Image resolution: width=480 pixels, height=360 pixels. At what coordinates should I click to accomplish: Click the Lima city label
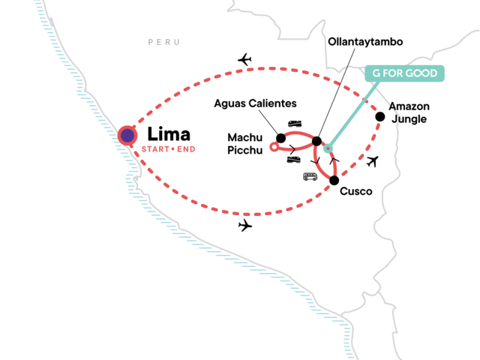click(x=169, y=135)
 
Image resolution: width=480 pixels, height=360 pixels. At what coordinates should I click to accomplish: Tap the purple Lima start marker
click(x=128, y=136)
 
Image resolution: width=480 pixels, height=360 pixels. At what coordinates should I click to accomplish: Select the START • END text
click(x=168, y=151)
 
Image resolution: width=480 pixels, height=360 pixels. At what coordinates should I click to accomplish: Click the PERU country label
click(x=163, y=43)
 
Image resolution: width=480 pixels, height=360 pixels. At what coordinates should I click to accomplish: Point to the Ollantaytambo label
click(x=366, y=42)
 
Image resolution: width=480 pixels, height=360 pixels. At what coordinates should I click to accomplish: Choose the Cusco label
click(x=356, y=191)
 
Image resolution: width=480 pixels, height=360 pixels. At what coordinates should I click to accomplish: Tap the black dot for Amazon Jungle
click(x=380, y=116)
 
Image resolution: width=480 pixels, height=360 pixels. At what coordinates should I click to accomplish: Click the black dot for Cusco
click(x=334, y=180)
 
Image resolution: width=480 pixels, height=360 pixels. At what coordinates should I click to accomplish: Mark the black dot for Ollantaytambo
click(x=316, y=141)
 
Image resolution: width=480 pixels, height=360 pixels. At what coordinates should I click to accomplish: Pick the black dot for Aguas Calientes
click(x=280, y=138)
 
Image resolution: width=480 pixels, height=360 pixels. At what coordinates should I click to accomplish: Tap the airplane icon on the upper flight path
click(x=244, y=59)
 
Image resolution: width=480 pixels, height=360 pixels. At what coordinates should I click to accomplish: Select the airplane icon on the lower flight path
click(x=244, y=226)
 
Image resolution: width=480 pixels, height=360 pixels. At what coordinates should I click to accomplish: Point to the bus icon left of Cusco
click(x=309, y=177)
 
